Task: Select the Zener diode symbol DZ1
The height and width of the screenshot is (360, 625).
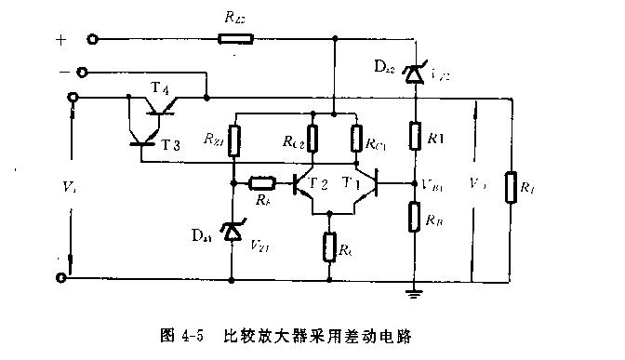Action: click(x=231, y=232)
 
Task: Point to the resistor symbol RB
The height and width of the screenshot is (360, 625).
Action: click(x=414, y=218)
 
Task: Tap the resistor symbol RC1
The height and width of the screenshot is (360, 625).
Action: click(x=355, y=140)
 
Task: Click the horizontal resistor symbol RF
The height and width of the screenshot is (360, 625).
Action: click(x=262, y=182)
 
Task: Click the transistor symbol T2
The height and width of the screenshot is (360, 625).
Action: click(x=304, y=184)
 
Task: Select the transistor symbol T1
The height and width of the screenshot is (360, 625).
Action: click(x=369, y=184)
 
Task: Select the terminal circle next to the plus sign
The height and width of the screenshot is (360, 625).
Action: click(x=93, y=40)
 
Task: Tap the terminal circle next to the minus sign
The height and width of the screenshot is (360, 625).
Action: click(x=82, y=72)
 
